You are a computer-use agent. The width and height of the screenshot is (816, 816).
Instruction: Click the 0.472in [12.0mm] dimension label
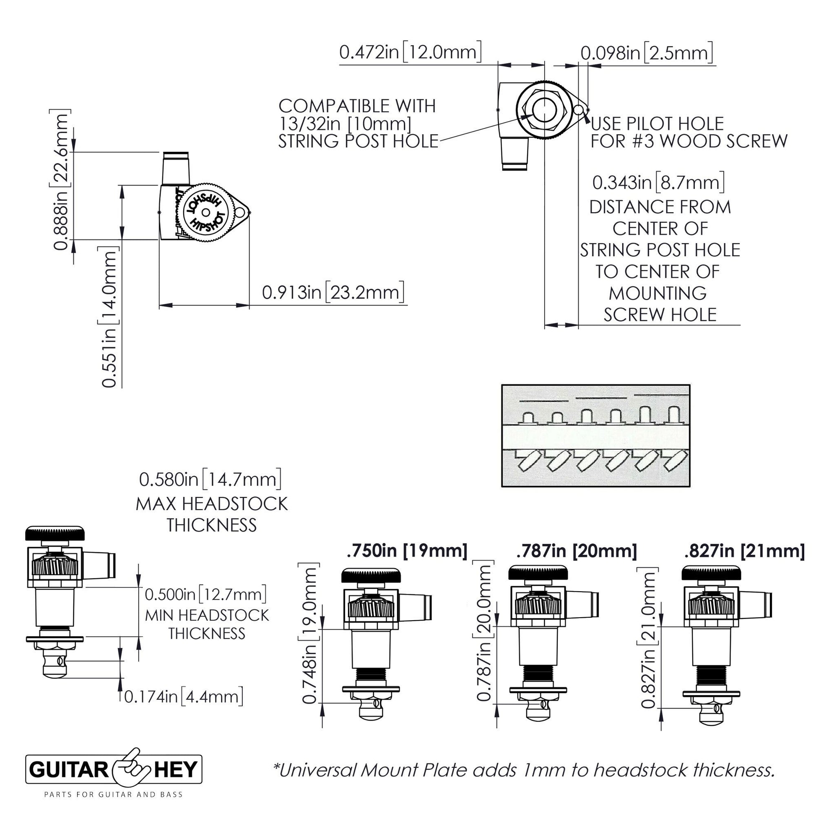pyautogui.click(x=410, y=52)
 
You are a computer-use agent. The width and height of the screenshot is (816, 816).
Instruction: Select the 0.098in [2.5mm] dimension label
pyautogui.click(x=647, y=53)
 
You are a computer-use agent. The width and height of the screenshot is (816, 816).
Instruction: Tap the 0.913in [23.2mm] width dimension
pyautogui.click(x=333, y=292)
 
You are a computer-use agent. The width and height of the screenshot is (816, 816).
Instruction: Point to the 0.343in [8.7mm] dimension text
pyautogui.click(x=658, y=182)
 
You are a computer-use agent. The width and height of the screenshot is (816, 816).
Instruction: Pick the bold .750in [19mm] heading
pyautogui.click(x=407, y=551)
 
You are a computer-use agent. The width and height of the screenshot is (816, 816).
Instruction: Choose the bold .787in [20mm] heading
pyautogui.click(x=576, y=551)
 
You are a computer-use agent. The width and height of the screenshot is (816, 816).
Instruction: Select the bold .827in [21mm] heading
pyautogui.click(x=745, y=551)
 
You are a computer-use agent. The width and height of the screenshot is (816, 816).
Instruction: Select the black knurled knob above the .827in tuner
pyautogui.click(x=712, y=573)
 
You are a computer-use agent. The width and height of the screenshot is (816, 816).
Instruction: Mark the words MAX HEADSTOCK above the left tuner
pyautogui.click(x=212, y=504)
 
